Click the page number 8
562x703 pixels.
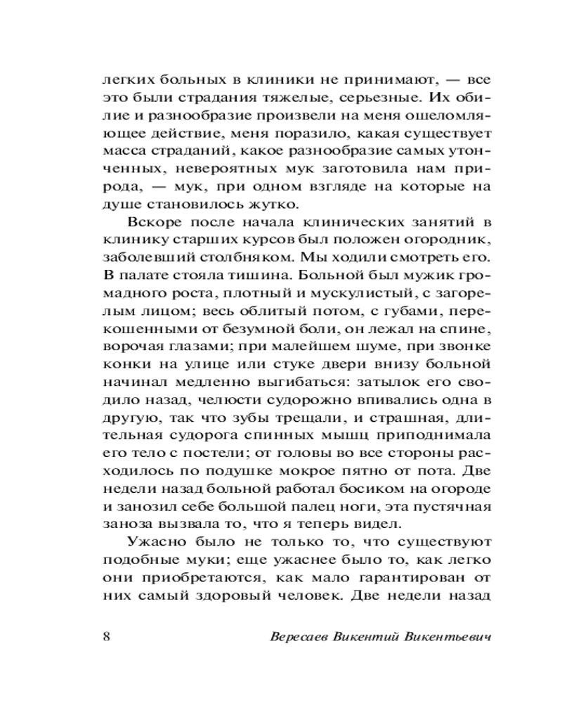click(106, 637)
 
